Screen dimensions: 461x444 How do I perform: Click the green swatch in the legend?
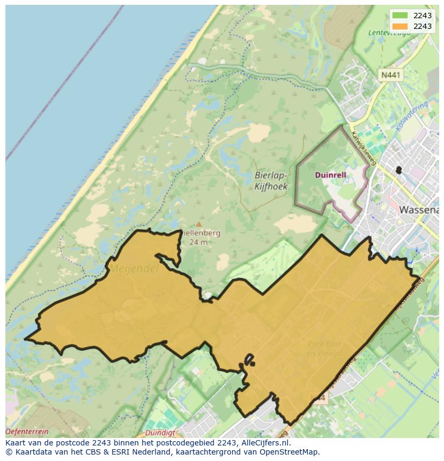click(x=399, y=16)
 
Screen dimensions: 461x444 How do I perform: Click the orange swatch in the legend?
click(x=399, y=26)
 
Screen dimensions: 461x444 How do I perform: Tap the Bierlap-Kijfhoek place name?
click(x=270, y=182)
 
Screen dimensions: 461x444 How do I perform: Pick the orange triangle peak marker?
click(x=199, y=225)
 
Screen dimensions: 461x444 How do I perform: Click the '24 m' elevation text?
click(x=198, y=242)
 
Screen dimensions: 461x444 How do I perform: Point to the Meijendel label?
click(x=135, y=269)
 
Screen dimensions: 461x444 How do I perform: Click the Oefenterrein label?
click(x=27, y=432)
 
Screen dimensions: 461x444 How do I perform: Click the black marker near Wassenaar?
click(x=398, y=170)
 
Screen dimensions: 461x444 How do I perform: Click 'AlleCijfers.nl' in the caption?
click(x=265, y=443)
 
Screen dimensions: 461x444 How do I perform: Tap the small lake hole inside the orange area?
click(x=208, y=296)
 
